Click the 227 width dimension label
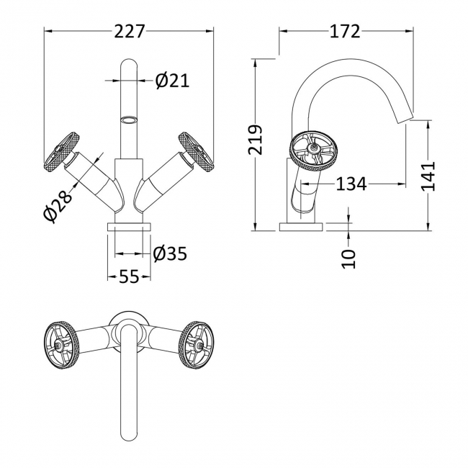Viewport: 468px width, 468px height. click(x=129, y=31)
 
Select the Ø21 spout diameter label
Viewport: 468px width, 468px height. click(x=172, y=81)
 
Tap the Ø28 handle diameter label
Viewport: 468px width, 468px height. click(x=58, y=206)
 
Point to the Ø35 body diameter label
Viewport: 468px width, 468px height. click(x=170, y=254)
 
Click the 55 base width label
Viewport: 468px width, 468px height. click(x=129, y=276)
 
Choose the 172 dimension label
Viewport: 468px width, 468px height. click(x=345, y=31)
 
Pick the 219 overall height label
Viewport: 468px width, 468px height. click(x=255, y=140)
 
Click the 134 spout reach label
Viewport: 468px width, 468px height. click(x=351, y=184)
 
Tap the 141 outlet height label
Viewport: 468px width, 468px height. click(x=428, y=176)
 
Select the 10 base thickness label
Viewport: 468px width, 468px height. click(x=349, y=258)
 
